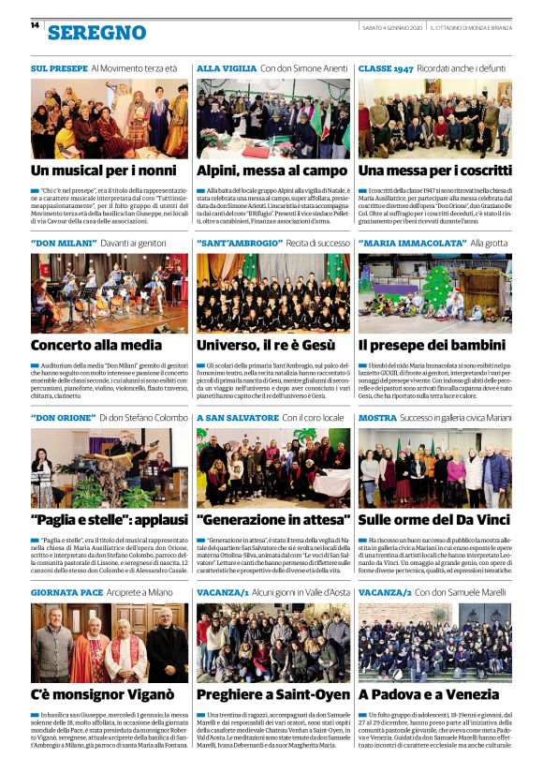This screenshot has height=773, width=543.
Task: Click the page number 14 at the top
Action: (x=35, y=24)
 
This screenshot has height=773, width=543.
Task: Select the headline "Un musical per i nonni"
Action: (x=103, y=171)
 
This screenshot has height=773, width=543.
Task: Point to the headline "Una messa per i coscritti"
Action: (x=433, y=171)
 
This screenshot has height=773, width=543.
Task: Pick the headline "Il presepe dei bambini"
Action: (x=432, y=345)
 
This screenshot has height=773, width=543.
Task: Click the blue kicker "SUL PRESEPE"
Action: (x=58, y=69)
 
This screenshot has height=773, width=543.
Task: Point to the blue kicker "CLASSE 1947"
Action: (x=386, y=69)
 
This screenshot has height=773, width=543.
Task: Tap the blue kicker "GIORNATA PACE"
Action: (x=66, y=592)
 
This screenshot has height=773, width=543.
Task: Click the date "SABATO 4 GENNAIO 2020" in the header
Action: (x=391, y=27)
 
